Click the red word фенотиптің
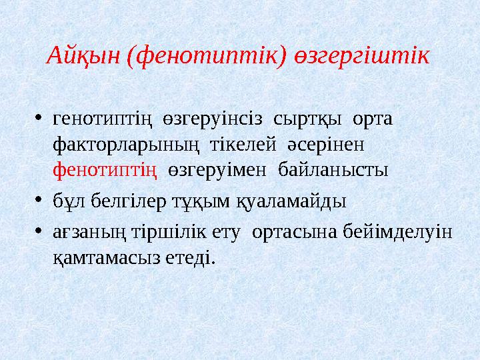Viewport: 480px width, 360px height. tap(105, 169)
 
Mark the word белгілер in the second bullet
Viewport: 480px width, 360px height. tap(124, 200)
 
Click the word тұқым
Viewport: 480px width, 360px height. tap(200, 200)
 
